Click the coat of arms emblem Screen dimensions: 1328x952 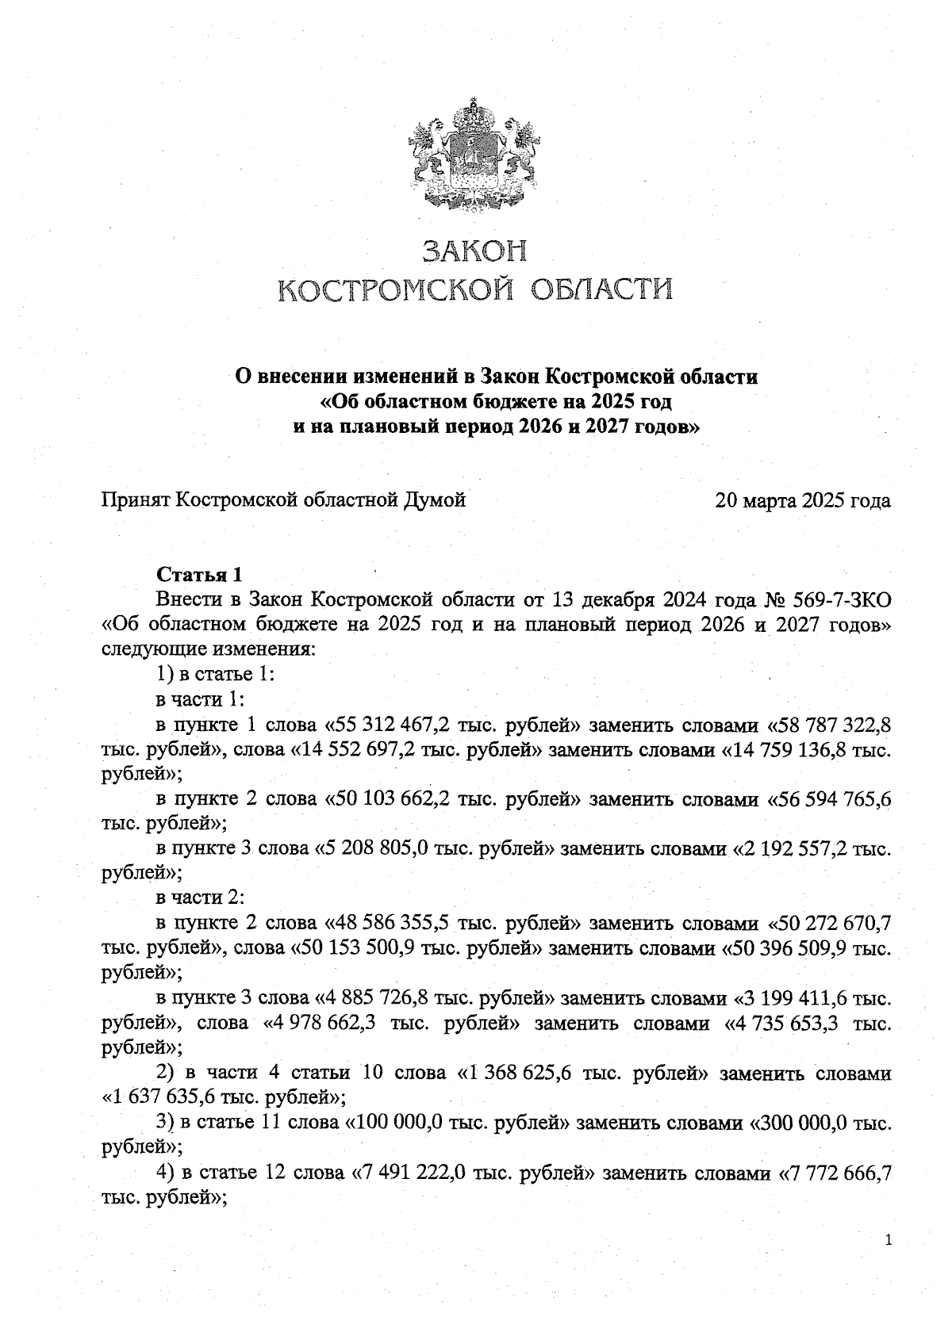476,155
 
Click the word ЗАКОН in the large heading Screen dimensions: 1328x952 476,251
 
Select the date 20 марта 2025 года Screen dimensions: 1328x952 802,500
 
